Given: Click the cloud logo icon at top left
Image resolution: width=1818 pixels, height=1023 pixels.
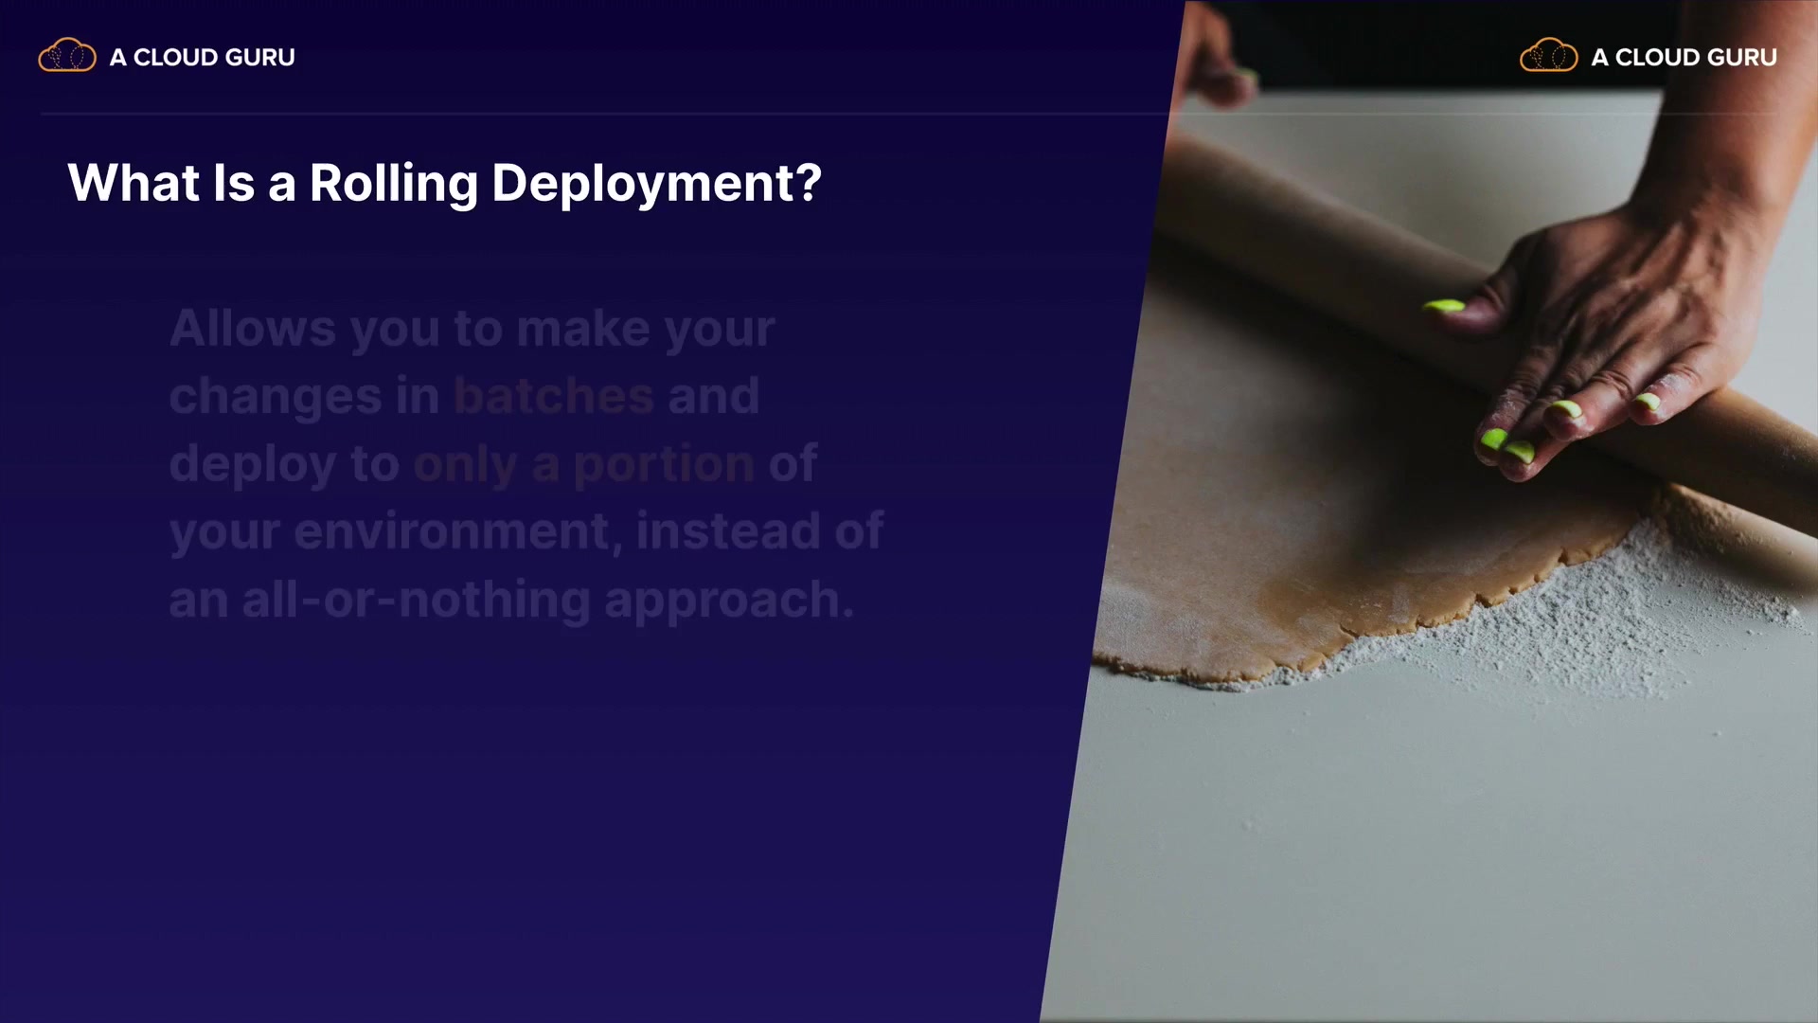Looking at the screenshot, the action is point(67,56).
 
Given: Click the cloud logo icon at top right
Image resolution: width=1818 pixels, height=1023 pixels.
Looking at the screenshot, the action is point(1549,56).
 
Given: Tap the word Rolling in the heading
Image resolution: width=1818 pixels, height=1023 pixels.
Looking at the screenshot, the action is point(394,184).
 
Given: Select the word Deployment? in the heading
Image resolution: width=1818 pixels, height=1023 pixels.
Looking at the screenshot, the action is point(656,184).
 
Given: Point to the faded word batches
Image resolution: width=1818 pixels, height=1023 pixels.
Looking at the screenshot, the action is point(554,396).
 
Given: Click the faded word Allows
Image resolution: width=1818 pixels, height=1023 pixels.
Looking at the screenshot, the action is point(253,329).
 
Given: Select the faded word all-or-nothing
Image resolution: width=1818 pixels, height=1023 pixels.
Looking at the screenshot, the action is point(417,601).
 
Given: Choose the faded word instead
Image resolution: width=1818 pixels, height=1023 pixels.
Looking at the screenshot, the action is point(728,530).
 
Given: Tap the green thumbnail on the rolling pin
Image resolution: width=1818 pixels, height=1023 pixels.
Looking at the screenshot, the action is point(1444,306).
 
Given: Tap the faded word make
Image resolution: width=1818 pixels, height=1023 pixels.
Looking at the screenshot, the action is point(582,329).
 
